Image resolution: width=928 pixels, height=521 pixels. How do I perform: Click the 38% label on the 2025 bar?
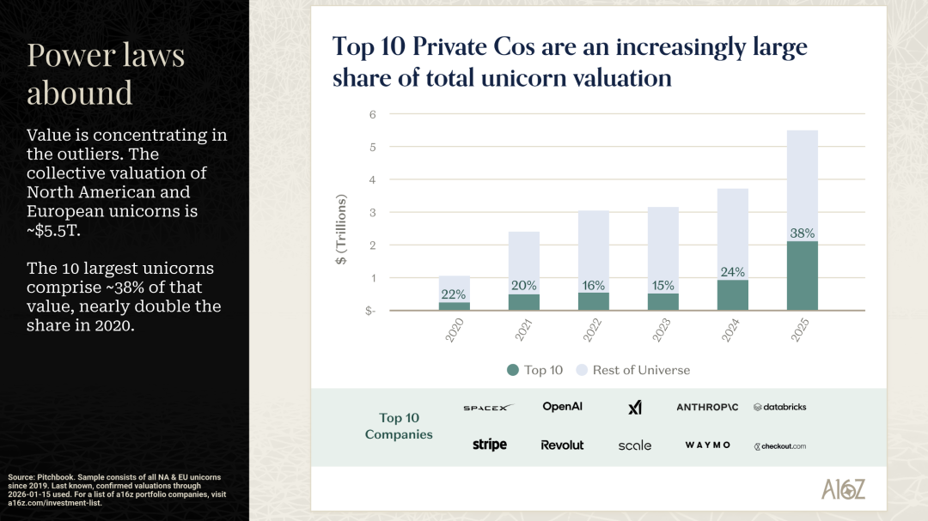pos(803,233)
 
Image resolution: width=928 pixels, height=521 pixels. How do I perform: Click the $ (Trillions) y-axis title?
pos(343,230)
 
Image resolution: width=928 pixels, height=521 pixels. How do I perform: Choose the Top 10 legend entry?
pos(535,370)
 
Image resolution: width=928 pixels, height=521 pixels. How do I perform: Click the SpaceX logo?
pos(487,408)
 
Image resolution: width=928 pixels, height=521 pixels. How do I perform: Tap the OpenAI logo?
pos(562,407)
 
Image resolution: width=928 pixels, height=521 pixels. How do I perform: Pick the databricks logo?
pos(779,407)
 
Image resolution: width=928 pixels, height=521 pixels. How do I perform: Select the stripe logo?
pos(489,445)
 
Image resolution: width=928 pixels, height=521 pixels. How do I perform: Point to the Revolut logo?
pos(562,445)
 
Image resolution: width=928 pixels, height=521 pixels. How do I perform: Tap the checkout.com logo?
pos(779,446)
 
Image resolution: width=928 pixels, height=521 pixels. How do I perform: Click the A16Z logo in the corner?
pos(842,489)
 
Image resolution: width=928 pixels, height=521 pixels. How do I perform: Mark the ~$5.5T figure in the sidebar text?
pos(52,230)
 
